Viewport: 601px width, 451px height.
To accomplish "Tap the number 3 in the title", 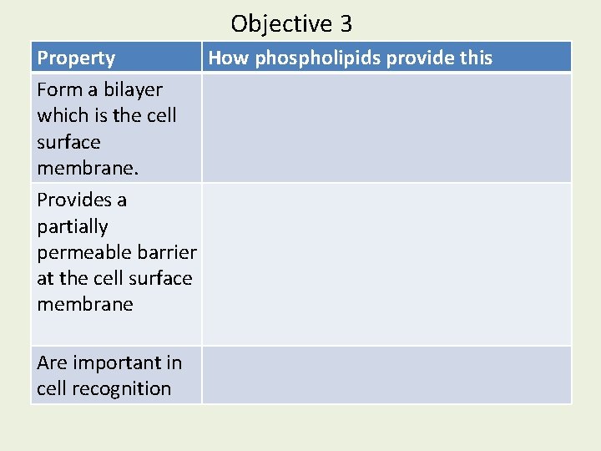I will [346, 23].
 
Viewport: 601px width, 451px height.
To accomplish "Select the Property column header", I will [76, 58].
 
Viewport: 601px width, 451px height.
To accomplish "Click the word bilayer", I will [133, 89].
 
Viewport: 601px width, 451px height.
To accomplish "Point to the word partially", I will [73, 226].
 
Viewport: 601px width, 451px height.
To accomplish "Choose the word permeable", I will [78, 252].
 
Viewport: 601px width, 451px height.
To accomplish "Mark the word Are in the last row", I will [51, 362].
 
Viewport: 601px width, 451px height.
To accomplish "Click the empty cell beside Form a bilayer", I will [386, 127].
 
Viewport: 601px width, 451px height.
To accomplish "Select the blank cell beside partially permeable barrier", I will [386, 264].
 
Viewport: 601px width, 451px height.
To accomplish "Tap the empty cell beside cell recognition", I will [386, 375].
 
